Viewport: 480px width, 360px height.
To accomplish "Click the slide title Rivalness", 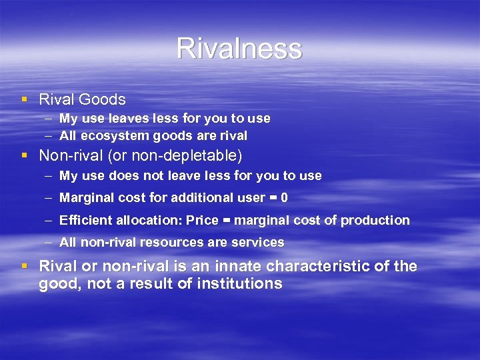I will point(239,49).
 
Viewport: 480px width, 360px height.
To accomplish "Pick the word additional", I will point(201,198).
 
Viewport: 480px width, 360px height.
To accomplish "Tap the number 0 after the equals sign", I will point(285,198).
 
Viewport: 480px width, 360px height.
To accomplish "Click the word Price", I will point(202,220).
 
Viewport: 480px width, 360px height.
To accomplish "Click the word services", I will point(258,242).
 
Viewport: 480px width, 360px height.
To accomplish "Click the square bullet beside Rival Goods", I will point(25,99).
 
